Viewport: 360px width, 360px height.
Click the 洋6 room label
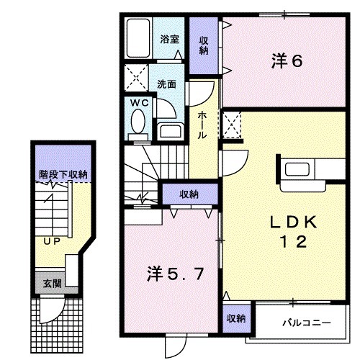tap(287, 61)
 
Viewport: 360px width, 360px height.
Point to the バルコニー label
tap(305, 323)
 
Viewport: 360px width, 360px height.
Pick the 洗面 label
tap(167, 84)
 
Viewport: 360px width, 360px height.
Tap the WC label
tap(139, 103)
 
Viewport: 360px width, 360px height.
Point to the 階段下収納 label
tap(63, 174)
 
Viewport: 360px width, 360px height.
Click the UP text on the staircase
tap(50, 241)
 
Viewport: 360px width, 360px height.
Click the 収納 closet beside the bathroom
tap(204, 45)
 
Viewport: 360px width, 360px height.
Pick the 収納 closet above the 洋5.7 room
tap(189, 194)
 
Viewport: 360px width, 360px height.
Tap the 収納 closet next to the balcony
tap(235, 318)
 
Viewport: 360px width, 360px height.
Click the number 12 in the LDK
tap(294, 243)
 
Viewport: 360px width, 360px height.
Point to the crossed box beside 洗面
tap(135, 76)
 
